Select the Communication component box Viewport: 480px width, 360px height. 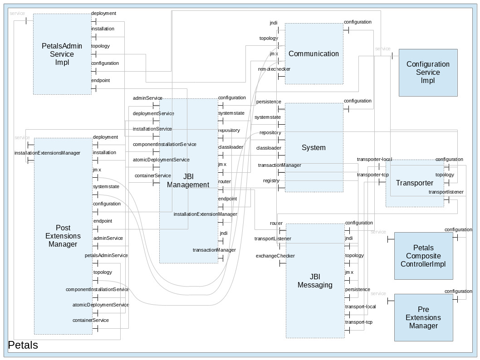pyautogui.click(x=313, y=54)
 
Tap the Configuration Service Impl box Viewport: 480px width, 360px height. pyautogui.click(x=428, y=72)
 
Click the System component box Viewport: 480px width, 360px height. pyautogui.click(x=313, y=147)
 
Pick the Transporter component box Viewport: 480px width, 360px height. pyautogui.click(x=414, y=183)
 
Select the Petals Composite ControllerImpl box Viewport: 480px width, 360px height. pyautogui.click(x=423, y=256)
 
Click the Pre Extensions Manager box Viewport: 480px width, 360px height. pyautogui.click(x=423, y=317)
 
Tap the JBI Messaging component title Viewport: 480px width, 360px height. pyautogui.click(x=315, y=281)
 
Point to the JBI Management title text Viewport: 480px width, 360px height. pyautogui.click(x=188, y=180)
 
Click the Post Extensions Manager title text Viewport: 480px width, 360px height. pyautogui.click(x=63, y=236)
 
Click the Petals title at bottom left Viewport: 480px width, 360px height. pyautogui.click(x=23, y=345)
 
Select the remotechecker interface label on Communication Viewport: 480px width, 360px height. pyautogui.click(x=274, y=69)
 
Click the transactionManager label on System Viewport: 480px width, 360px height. pyautogui.click(x=279, y=165)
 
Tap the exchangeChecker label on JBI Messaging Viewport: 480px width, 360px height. pyautogui.click(x=275, y=256)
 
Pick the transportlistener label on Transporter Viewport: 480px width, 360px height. pyautogui.click(x=446, y=192)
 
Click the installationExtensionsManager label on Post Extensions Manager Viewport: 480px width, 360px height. pyautogui.click(x=47, y=153)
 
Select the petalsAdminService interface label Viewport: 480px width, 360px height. pyautogui.click(x=106, y=255)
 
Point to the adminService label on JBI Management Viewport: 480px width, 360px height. pyautogui.click(x=147, y=98)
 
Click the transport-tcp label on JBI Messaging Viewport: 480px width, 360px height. pyautogui.click(x=358, y=322)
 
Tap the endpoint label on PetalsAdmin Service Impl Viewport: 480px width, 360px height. pyautogui.click(x=100, y=80)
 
